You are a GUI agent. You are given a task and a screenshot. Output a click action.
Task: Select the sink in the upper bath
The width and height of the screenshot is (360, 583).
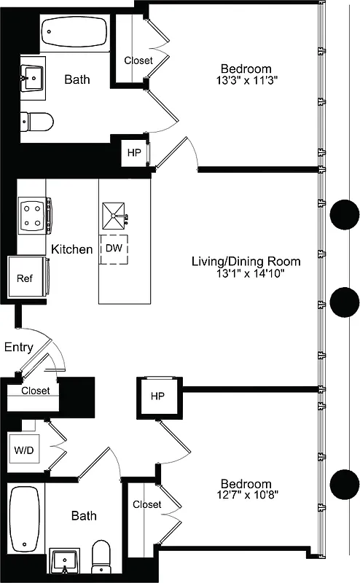coord(31,76)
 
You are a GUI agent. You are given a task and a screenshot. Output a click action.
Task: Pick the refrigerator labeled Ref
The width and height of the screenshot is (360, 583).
coord(26,278)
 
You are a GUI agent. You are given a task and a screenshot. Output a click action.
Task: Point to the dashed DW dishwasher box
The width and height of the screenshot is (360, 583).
coord(113,249)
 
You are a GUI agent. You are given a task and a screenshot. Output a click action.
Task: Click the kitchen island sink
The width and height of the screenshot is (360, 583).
coord(114,211)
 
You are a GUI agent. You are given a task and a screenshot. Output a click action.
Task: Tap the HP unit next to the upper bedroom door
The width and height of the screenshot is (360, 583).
coord(134,153)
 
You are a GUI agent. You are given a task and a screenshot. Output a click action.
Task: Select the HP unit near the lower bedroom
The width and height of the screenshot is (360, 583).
coord(157,396)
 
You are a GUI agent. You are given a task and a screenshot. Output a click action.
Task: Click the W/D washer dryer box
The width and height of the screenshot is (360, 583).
coord(23,451)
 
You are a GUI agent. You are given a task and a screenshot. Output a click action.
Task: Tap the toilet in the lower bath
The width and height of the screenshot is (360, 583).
coord(101,557)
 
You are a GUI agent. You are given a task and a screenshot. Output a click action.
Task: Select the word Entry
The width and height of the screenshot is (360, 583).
coord(18,347)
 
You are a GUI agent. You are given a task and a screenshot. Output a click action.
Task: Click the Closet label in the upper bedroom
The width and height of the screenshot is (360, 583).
coord(138,60)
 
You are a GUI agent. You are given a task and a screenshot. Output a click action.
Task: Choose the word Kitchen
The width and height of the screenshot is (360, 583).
coord(71,249)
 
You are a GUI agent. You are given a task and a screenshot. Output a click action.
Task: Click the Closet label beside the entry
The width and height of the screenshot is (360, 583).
coord(35,391)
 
